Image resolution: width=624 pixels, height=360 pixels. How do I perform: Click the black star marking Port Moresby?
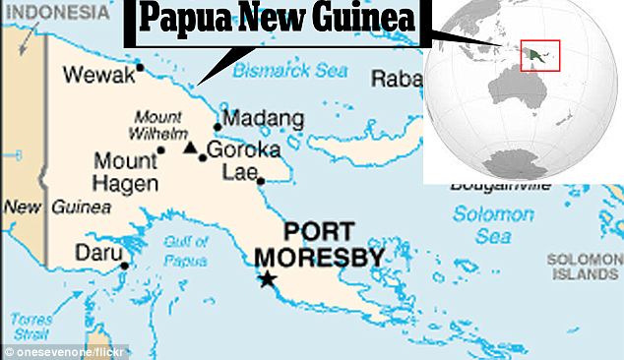267,280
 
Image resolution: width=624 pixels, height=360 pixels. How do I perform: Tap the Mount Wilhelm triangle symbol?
190,147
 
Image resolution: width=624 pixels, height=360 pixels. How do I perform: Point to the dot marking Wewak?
141,68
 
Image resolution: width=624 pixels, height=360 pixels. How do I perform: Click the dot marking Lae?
260,181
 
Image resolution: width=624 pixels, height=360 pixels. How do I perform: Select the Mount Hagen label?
125,171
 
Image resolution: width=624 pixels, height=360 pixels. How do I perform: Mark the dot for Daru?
124,265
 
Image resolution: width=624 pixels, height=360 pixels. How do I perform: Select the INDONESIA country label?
54,13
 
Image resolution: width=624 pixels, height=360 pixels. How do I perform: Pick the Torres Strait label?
31,326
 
